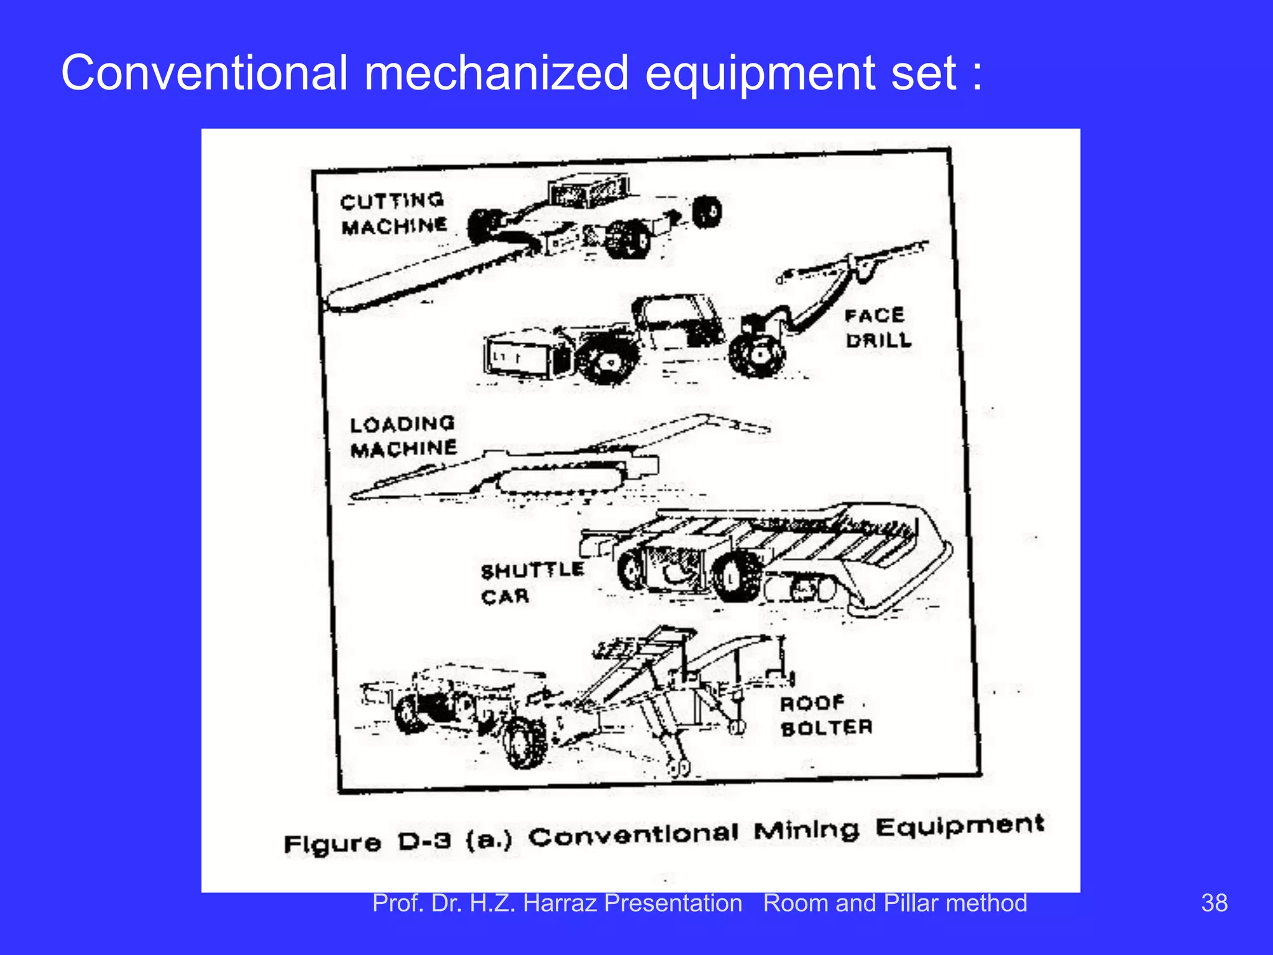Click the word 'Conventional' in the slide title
pos(204,73)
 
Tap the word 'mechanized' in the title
pos(496,73)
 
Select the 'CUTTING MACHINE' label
pos(393,213)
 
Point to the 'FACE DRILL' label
pos(878,328)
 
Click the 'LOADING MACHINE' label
pos(403,436)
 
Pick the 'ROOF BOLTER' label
pos(826,716)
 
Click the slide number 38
pos(1214,903)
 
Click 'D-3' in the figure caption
pos(425,842)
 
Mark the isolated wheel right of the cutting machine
pos(707,212)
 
